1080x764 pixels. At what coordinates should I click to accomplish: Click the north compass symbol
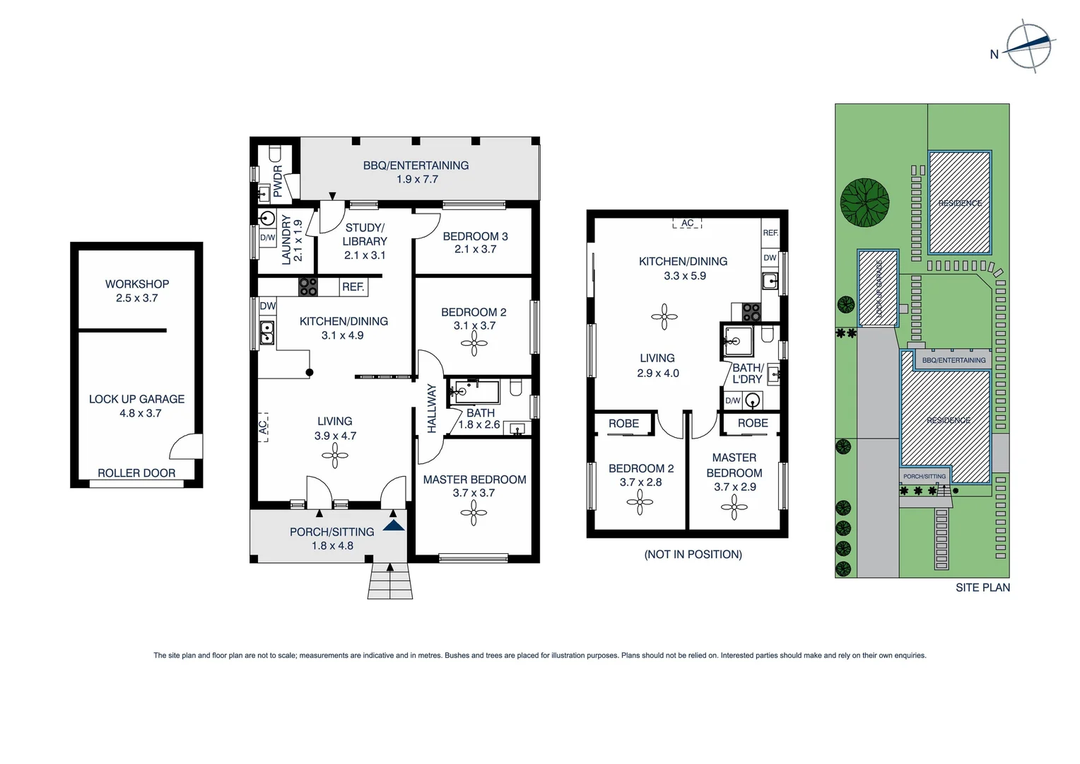[x=1030, y=47]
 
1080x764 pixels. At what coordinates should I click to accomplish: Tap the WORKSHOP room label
[x=137, y=284]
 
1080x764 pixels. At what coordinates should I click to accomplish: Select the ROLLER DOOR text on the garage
[x=136, y=473]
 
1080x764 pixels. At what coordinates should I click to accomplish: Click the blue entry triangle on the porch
[x=394, y=526]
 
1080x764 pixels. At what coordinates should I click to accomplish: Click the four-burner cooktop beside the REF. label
[x=308, y=286]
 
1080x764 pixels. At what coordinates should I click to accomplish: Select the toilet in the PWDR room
[x=275, y=154]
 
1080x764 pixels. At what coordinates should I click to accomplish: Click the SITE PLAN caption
[x=982, y=587]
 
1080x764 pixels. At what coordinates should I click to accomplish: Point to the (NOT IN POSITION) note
[x=693, y=555]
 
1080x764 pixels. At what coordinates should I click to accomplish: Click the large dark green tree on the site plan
[x=864, y=202]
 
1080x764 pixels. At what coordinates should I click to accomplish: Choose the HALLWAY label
[x=432, y=408]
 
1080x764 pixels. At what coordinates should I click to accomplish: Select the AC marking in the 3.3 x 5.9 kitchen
[x=687, y=224]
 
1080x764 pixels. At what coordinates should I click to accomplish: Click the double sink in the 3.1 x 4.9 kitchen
[x=267, y=332]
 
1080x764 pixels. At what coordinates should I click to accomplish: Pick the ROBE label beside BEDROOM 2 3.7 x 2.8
[x=623, y=423]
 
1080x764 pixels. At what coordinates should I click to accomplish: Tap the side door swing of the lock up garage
[x=186, y=447]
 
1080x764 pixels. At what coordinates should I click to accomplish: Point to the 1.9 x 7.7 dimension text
[x=417, y=180]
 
